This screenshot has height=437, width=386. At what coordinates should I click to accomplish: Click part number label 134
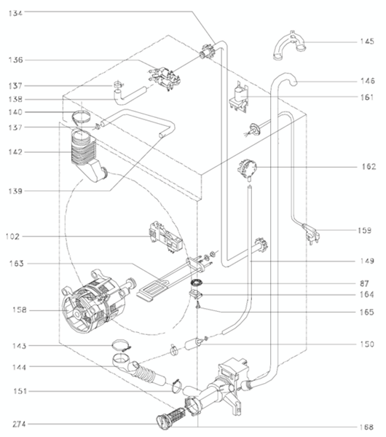[15, 13]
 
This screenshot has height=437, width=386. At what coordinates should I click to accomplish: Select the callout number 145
[367, 42]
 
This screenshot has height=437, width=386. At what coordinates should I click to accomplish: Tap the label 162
[369, 167]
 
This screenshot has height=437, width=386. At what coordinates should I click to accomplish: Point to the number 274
[19, 424]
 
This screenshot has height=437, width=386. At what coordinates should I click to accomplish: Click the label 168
[366, 427]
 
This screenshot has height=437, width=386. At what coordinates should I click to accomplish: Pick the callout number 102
[12, 237]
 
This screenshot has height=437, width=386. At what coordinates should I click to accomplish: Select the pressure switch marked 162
[247, 168]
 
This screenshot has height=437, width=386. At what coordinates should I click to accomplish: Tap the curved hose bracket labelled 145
[289, 46]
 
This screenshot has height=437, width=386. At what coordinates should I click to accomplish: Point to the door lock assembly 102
[166, 237]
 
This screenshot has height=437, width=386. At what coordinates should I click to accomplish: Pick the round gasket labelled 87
[197, 283]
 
